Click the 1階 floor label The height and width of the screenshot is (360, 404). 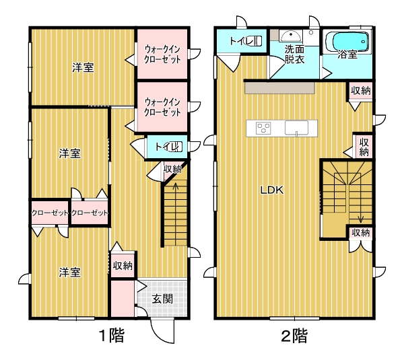point(112,335)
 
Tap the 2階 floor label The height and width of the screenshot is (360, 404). point(294,336)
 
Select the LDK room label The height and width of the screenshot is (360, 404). point(272,190)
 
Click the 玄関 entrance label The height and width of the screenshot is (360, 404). point(162,299)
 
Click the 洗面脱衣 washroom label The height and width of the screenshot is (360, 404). point(294,55)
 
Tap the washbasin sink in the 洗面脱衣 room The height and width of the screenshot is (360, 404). point(291,36)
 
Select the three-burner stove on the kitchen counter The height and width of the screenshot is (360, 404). point(263,128)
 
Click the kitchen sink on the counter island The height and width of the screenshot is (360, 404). point(296,127)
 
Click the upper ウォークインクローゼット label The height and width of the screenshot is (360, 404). point(162,54)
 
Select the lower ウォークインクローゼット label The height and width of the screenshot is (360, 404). point(162,107)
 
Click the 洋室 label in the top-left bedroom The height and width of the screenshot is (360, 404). point(83,67)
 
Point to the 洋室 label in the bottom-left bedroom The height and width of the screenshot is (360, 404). point(70,273)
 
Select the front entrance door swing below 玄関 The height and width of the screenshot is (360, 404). point(162,332)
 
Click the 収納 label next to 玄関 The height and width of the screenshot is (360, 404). point(123,266)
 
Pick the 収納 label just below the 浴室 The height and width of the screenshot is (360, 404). point(361,91)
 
